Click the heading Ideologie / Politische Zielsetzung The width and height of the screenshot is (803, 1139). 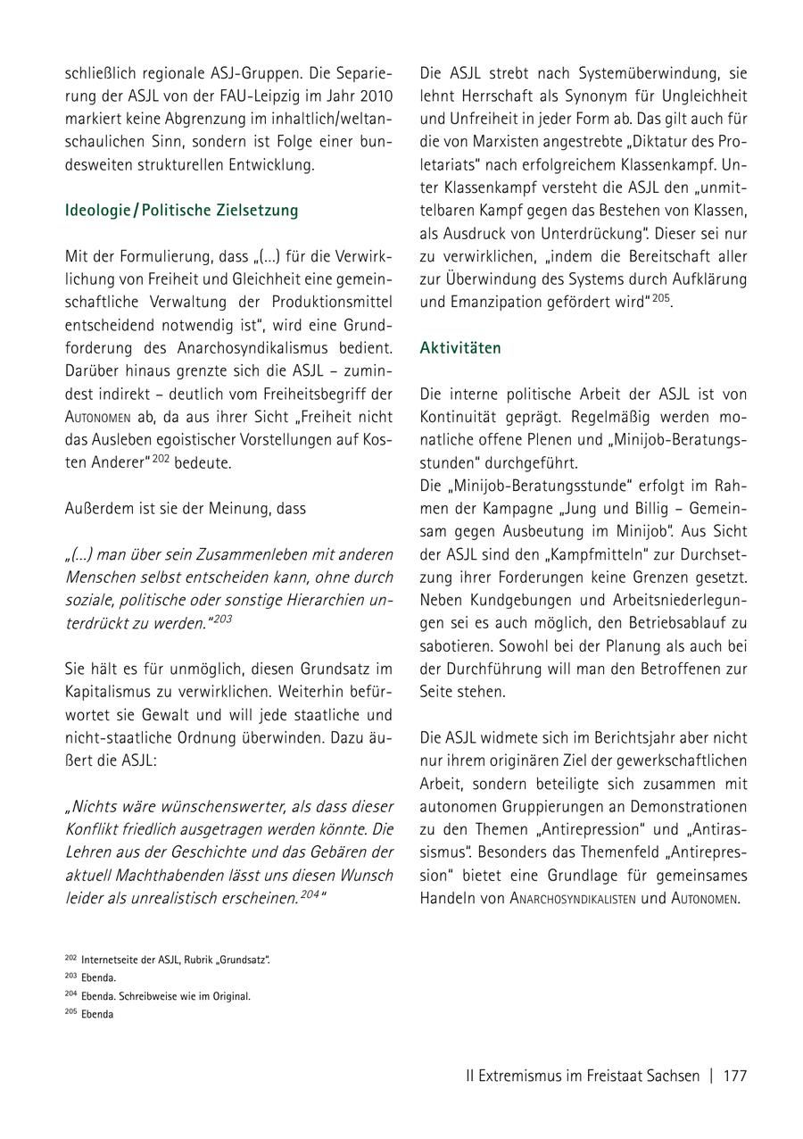(x=181, y=211)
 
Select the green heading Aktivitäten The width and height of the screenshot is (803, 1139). (x=460, y=348)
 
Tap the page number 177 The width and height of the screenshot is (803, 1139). (x=734, y=1076)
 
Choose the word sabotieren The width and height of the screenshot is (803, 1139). (x=457, y=645)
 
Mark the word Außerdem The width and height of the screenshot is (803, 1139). (x=99, y=508)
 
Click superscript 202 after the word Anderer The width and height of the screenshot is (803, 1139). (x=161, y=458)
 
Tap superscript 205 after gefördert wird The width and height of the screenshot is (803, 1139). (x=659, y=297)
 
